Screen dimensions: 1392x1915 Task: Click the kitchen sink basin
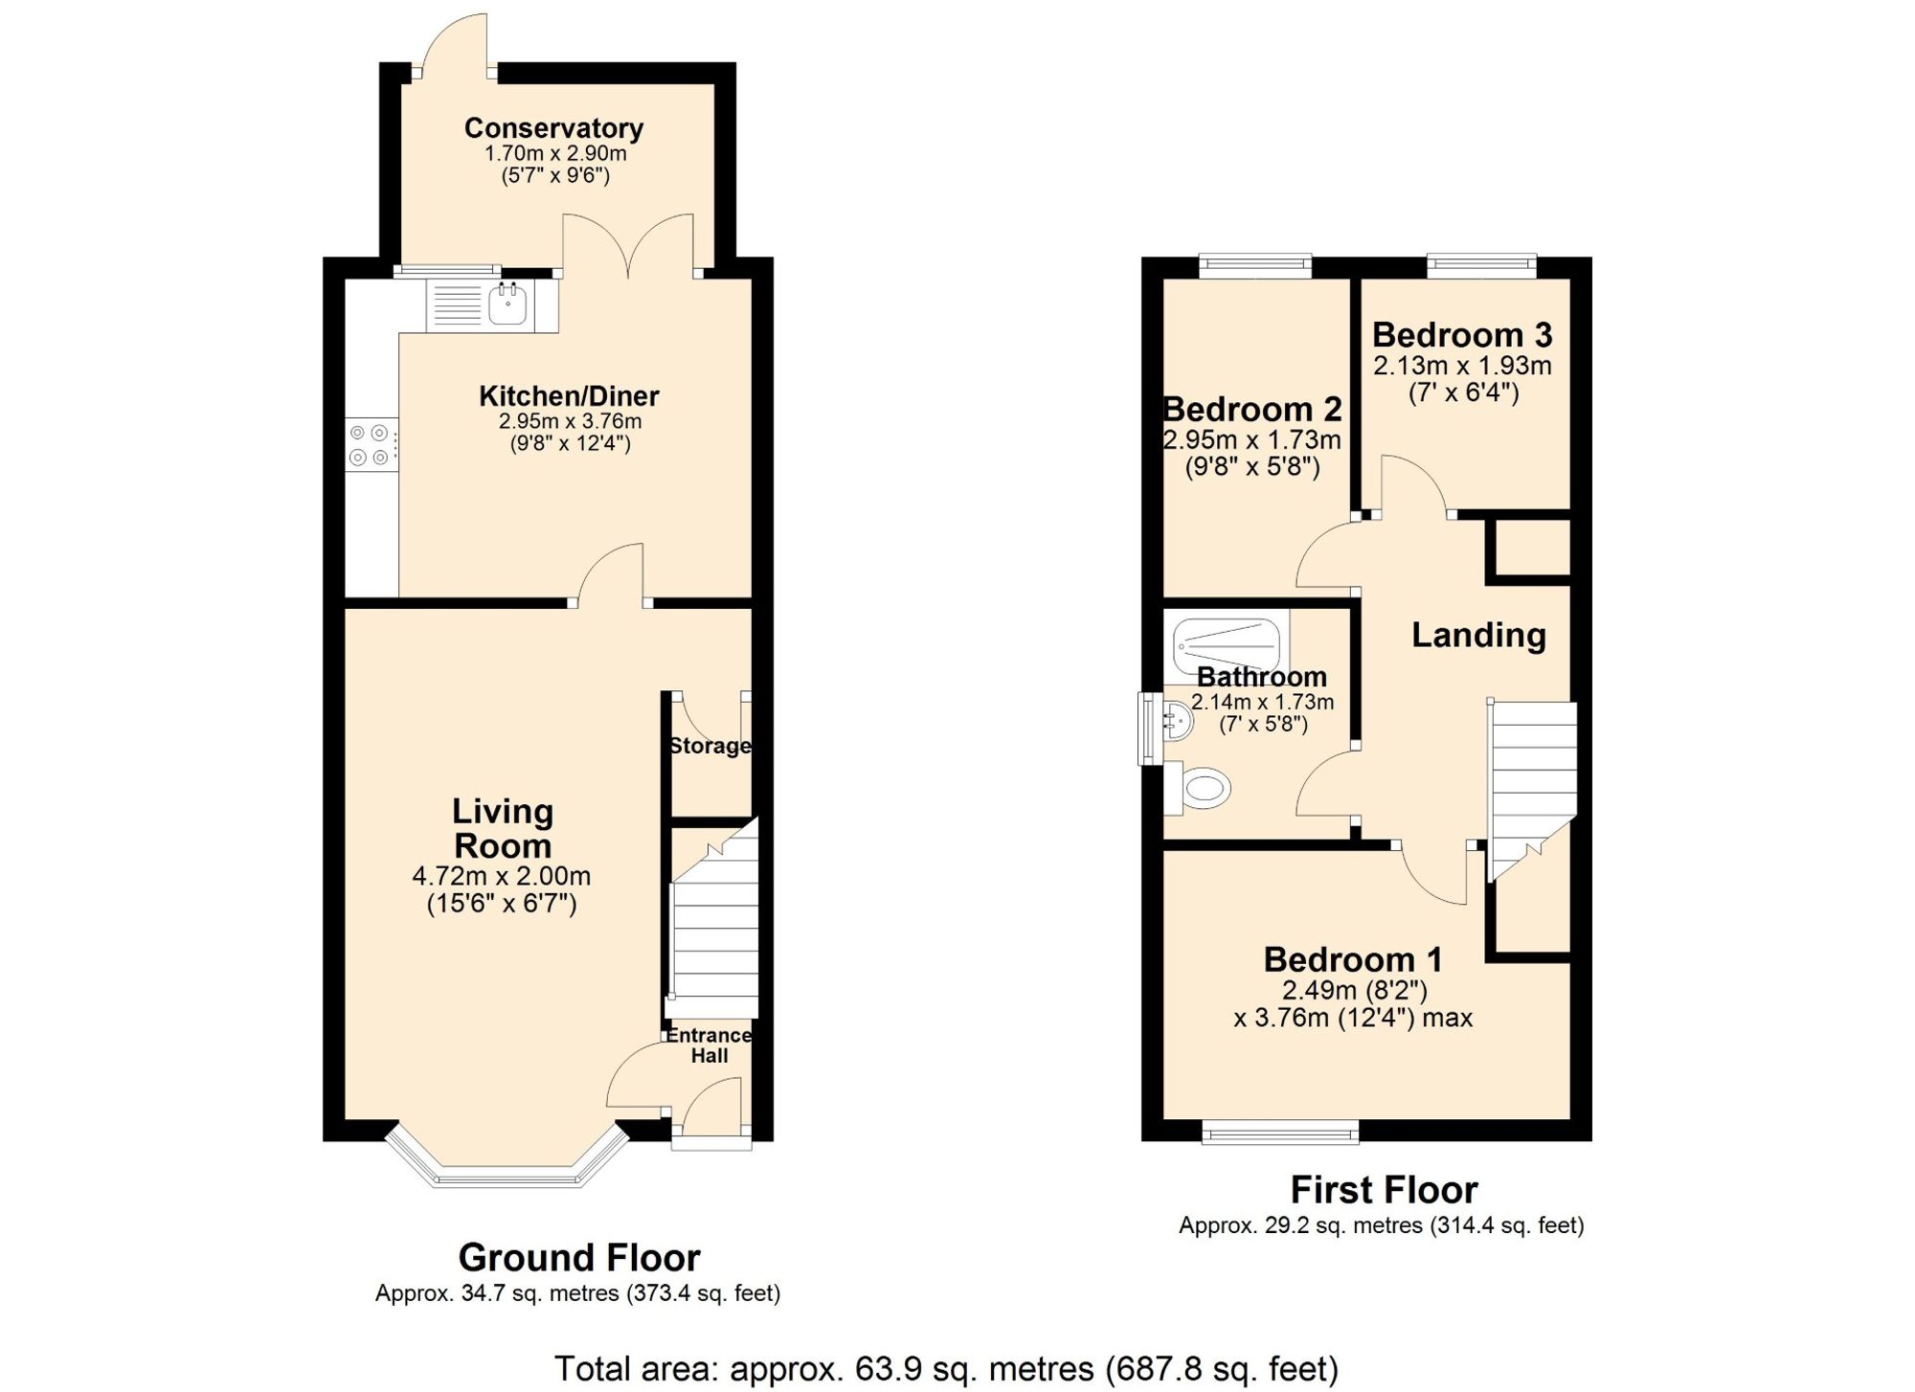pyautogui.click(x=507, y=304)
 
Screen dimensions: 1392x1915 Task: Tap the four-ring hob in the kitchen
pyautogui.click(x=371, y=445)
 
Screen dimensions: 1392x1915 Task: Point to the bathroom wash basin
pyautogui.click(x=1178, y=720)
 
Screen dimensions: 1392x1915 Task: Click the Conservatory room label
pyautogui.click(x=553, y=128)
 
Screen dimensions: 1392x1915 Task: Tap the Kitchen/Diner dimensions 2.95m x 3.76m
pyautogui.click(x=570, y=421)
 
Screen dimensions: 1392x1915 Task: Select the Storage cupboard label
pyautogui.click(x=710, y=746)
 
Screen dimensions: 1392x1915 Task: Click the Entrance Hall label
pyautogui.click(x=709, y=1045)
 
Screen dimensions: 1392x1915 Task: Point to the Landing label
pyautogui.click(x=1478, y=635)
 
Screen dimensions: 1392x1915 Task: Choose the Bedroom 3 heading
pyautogui.click(x=1462, y=335)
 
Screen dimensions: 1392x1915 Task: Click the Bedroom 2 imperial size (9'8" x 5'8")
pyautogui.click(x=1252, y=467)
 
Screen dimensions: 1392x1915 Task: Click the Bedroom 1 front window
pyautogui.click(x=1280, y=1134)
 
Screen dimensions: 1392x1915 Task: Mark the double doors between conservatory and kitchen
pyautogui.click(x=628, y=247)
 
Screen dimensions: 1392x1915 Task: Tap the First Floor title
pyautogui.click(x=1384, y=1190)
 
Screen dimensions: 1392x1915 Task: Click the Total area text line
pyautogui.click(x=946, y=1369)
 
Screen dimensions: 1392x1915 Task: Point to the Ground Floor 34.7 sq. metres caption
pyautogui.click(x=577, y=1294)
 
